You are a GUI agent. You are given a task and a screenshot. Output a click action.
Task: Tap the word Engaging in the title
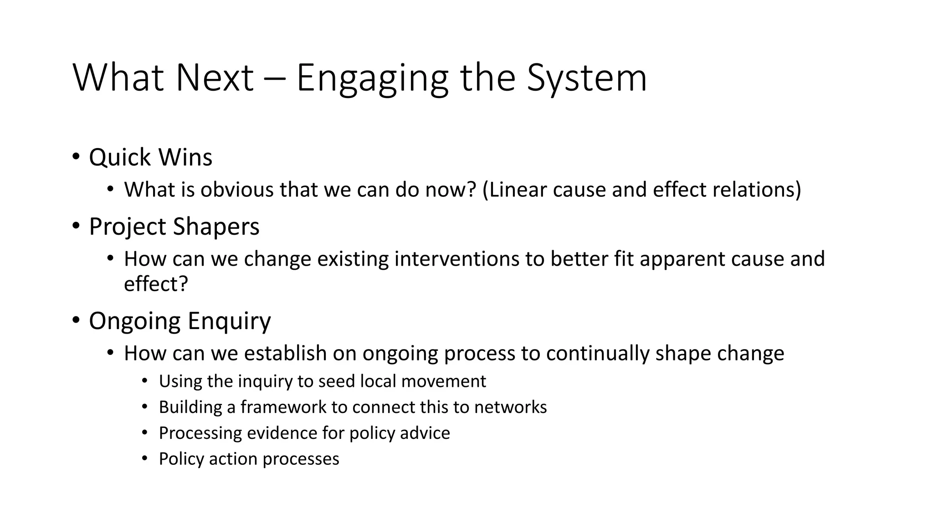click(x=372, y=78)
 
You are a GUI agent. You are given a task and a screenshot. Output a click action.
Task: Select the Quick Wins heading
click(x=150, y=158)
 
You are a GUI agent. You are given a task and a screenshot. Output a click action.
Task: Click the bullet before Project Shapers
click(x=76, y=226)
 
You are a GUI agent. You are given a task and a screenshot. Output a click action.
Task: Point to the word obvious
click(x=237, y=190)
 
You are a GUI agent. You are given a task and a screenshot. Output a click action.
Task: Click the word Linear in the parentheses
click(x=515, y=190)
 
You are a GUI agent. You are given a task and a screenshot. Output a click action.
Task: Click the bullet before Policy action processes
click(x=145, y=458)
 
